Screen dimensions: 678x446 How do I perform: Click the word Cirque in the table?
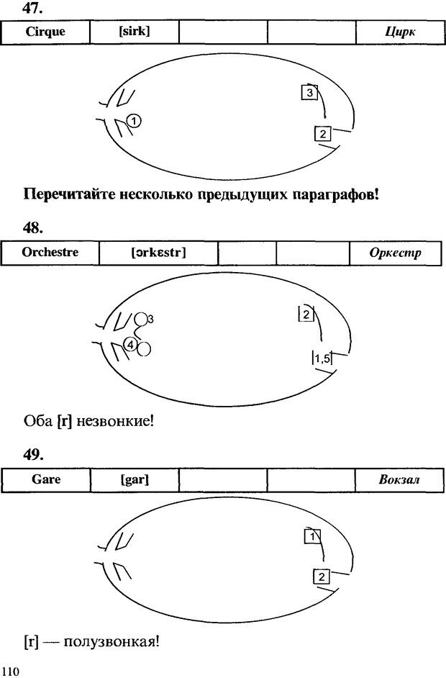(x=45, y=31)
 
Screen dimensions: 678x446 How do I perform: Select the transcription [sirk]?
(x=135, y=31)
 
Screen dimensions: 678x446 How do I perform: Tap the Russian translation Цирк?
(x=401, y=32)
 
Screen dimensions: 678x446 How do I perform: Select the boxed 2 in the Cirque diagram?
(x=323, y=133)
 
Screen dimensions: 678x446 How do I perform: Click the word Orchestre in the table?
(x=50, y=253)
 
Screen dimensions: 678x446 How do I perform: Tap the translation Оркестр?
(x=395, y=253)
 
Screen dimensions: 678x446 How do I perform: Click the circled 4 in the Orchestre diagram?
(x=130, y=344)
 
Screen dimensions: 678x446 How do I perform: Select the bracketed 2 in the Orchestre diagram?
(x=306, y=314)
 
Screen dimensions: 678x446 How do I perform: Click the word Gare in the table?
(x=46, y=479)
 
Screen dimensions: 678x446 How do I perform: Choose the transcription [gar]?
(x=135, y=479)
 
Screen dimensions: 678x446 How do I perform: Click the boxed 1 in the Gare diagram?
(x=311, y=536)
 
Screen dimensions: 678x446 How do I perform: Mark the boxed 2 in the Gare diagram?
(x=322, y=576)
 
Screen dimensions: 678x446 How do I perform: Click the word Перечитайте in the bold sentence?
(x=69, y=194)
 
